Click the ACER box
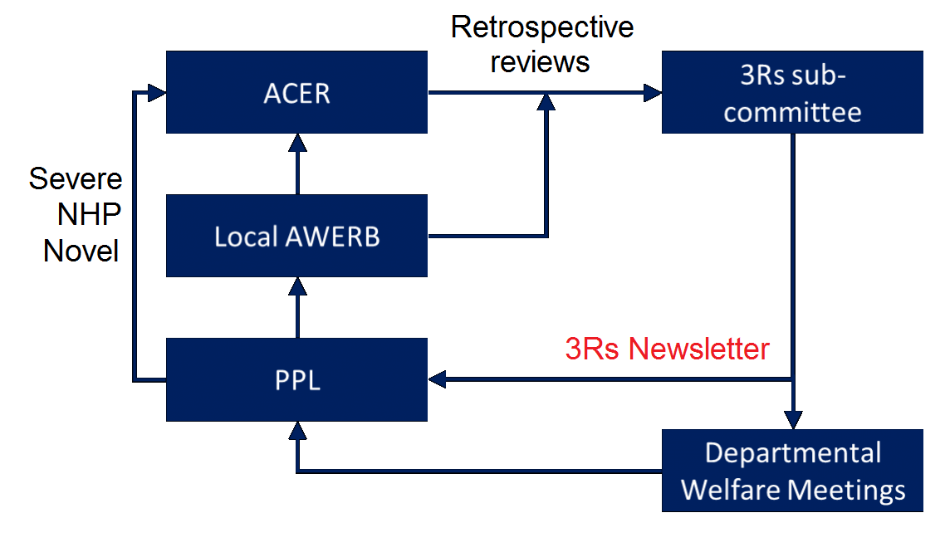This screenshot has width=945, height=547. tap(296, 92)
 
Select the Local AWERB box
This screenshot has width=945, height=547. tap(296, 236)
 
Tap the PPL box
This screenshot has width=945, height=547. tap(296, 379)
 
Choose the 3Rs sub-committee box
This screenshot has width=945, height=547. tap(791, 92)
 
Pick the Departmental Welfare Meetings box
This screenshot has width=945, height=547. tap(791, 471)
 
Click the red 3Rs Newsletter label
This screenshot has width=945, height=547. tap(667, 349)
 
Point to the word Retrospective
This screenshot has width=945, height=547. tap(541, 27)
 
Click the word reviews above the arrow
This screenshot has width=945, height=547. tap(540, 61)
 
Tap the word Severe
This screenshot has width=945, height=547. tap(76, 178)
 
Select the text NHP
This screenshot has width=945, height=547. tap(89, 214)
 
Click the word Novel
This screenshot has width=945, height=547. tap(81, 250)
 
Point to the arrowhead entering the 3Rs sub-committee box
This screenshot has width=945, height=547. tap(653, 92)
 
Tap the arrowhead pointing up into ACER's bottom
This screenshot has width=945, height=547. tap(296, 142)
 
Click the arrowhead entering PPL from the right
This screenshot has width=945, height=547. tap(437, 379)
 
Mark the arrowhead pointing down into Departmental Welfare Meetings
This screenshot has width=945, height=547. tap(793, 420)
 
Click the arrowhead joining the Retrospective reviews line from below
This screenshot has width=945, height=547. tap(546, 101)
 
